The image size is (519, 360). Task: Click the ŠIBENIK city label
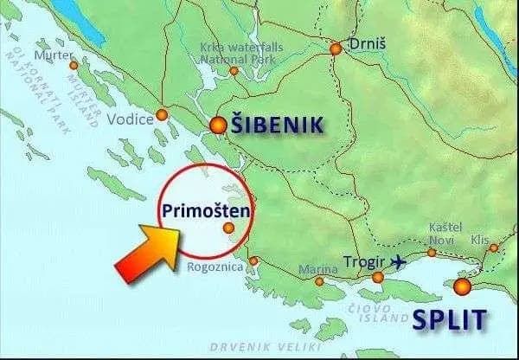[277, 125]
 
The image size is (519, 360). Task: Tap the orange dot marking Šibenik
[218, 125]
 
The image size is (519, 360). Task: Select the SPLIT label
[449, 319]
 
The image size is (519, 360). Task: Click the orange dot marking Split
[463, 286]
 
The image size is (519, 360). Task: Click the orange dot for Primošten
[228, 228]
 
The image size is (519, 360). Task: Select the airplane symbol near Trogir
[400, 260]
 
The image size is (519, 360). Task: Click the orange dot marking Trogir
[378, 278]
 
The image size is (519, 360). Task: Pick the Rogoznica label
[211, 267]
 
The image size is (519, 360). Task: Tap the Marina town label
[312, 270]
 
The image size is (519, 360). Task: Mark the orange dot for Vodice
[162, 115]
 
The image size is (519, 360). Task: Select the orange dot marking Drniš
[336, 49]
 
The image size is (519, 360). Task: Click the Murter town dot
[73, 65]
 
